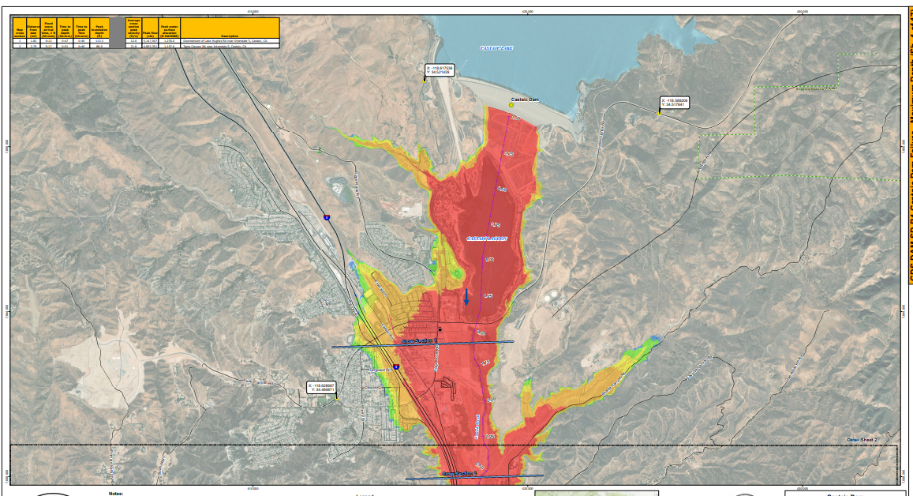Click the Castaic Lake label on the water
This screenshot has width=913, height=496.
(x=496, y=48)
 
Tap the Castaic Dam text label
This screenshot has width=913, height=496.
(x=524, y=99)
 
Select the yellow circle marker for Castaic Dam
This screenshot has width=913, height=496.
(x=511, y=104)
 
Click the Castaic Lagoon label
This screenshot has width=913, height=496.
(x=487, y=238)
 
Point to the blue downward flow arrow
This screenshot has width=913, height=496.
(x=466, y=298)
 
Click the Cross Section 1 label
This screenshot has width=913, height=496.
(x=419, y=340)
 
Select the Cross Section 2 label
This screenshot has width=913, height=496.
(x=460, y=474)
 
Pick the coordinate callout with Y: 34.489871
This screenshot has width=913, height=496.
(x=321, y=387)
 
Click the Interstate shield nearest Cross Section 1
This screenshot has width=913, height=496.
(x=396, y=367)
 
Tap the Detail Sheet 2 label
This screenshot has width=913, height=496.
(x=862, y=439)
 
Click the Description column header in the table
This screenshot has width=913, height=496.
(x=230, y=36)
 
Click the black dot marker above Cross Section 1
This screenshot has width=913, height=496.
(x=440, y=329)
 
